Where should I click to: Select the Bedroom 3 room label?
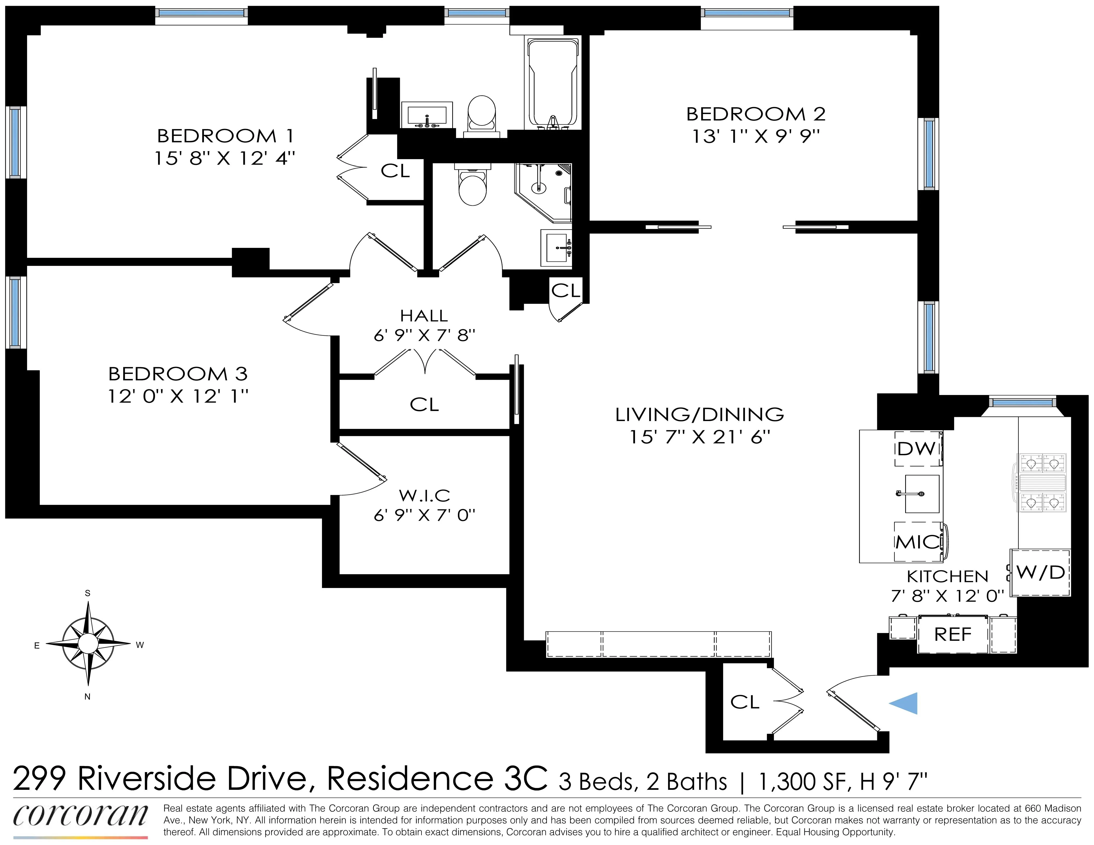[x=178, y=374]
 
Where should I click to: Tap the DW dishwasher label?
[x=916, y=449]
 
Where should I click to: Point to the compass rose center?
[x=88, y=644]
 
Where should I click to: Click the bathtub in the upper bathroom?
[x=553, y=83]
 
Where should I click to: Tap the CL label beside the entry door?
[x=745, y=702]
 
